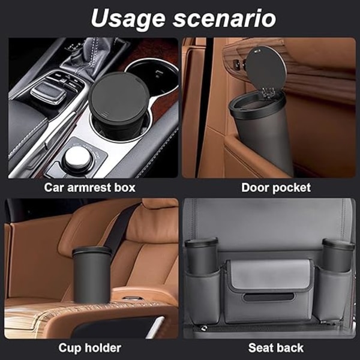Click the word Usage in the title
point(128,19)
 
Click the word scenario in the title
point(224,19)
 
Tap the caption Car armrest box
point(90,188)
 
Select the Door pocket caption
point(276,188)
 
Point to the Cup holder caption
point(90,348)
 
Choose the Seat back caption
point(276,347)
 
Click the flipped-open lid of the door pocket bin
point(266,67)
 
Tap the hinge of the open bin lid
point(268,92)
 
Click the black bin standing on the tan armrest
point(92,275)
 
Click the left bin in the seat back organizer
point(201,256)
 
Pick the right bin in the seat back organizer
point(338,255)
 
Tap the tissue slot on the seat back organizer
point(269,297)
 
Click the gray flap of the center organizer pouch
point(271,274)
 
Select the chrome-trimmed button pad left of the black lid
point(49,92)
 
